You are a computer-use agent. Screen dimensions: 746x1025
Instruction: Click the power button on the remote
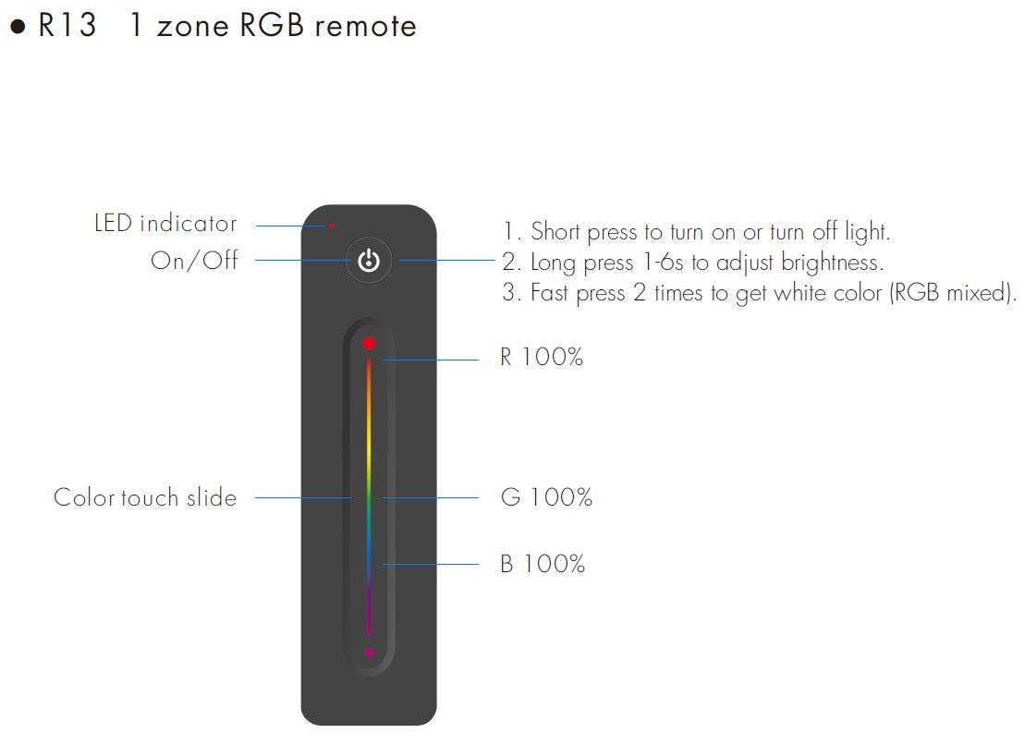[x=369, y=261]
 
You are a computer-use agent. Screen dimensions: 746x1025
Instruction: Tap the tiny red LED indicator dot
[x=331, y=225]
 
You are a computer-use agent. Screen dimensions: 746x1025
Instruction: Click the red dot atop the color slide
[x=369, y=343]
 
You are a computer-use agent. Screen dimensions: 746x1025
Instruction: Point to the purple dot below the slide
[x=369, y=653]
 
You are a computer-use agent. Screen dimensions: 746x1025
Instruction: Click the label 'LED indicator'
[x=165, y=224]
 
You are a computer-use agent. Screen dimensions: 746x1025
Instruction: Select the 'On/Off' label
[x=194, y=261]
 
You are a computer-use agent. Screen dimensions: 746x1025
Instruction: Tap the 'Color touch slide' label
[x=145, y=497]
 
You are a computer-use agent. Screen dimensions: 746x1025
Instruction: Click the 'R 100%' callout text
[x=542, y=358]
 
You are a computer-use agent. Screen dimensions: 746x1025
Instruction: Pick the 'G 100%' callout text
[x=546, y=497]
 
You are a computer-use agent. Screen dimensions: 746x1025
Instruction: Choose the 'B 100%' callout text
[x=543, y=564]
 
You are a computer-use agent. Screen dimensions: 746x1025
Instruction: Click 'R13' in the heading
[x=67, y=26]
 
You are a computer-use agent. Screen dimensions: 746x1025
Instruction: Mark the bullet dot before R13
[x=17, y=27]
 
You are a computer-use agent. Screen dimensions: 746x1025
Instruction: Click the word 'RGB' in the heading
[x=272, y=26]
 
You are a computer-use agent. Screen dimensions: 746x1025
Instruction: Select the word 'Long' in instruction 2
[x=553, y=263]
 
